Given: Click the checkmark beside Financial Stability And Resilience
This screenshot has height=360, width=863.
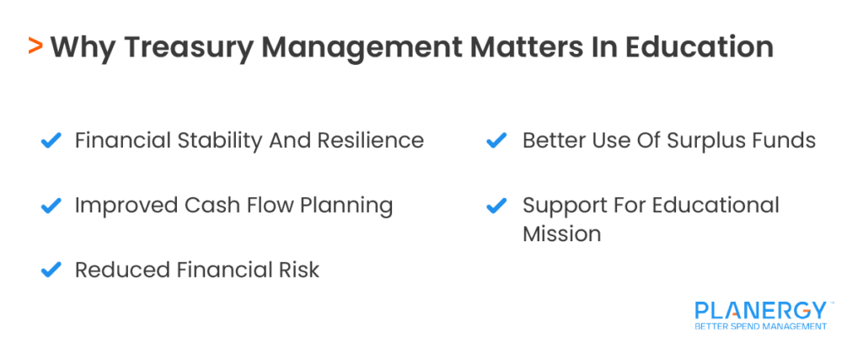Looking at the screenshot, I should [51, 140].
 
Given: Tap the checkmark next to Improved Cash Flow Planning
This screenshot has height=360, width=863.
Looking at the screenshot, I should [51, 205].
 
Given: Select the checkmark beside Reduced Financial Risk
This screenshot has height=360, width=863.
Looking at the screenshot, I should [51, 270].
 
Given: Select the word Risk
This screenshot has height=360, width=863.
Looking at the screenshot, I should [300, 270].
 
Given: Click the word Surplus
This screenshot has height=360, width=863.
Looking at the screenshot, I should [695, 140].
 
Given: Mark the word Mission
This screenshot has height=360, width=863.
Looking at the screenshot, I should [561, 234].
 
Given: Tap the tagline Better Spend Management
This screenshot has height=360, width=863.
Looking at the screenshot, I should [760, 326].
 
